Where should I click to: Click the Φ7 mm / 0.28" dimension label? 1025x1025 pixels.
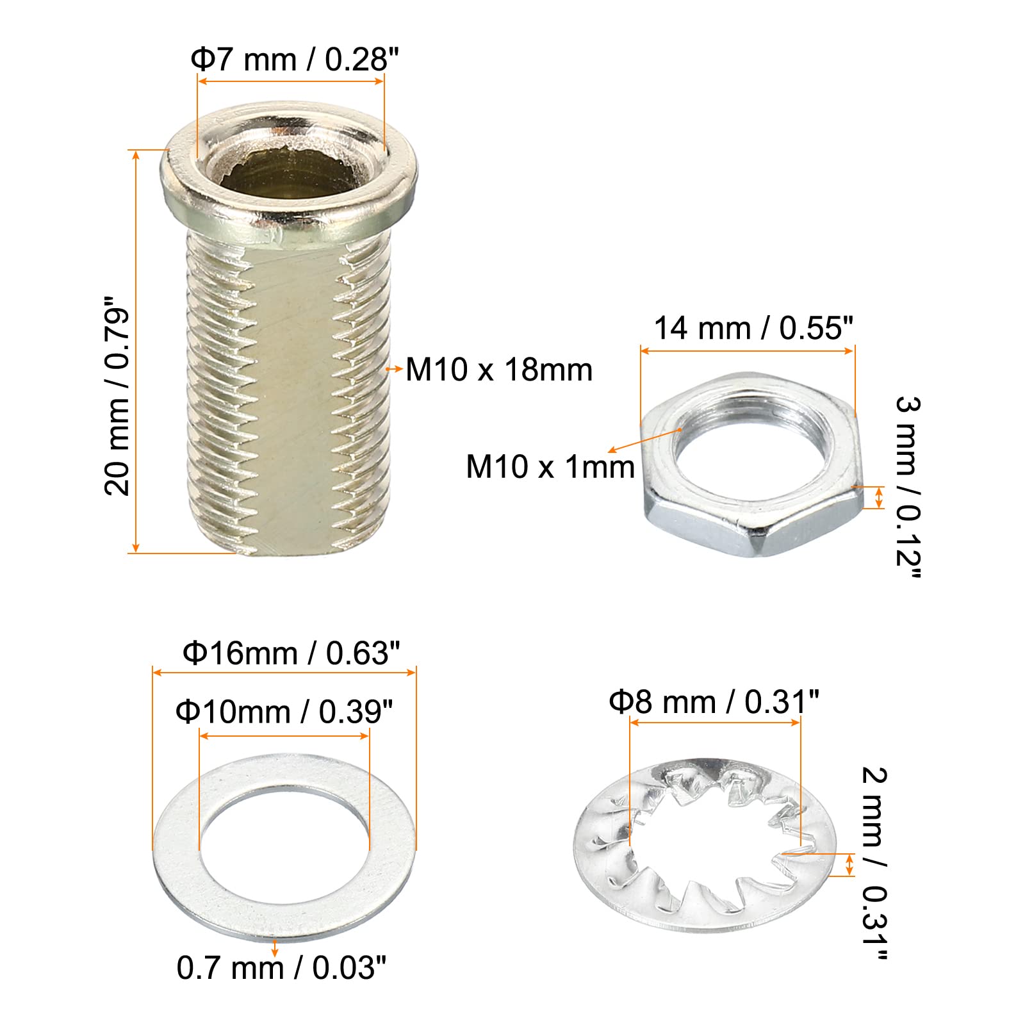click(x=295, y=60)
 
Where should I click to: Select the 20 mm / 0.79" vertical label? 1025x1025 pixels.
click(x=117, y=395)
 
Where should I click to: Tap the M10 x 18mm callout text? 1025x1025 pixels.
click(x=499, y=370)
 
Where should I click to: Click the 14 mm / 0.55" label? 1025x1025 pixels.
click(x=753, y=328)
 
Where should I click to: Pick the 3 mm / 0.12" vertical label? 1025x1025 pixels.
click(x=908, y=487)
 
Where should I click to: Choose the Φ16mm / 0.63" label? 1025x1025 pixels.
click(x=291, y=653)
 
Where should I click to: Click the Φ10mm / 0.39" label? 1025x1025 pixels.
click(x=284, y=712)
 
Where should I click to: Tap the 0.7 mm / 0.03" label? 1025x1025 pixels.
click(x=282, y=967)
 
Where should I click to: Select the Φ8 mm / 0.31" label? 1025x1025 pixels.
click(x=714, y=701)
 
